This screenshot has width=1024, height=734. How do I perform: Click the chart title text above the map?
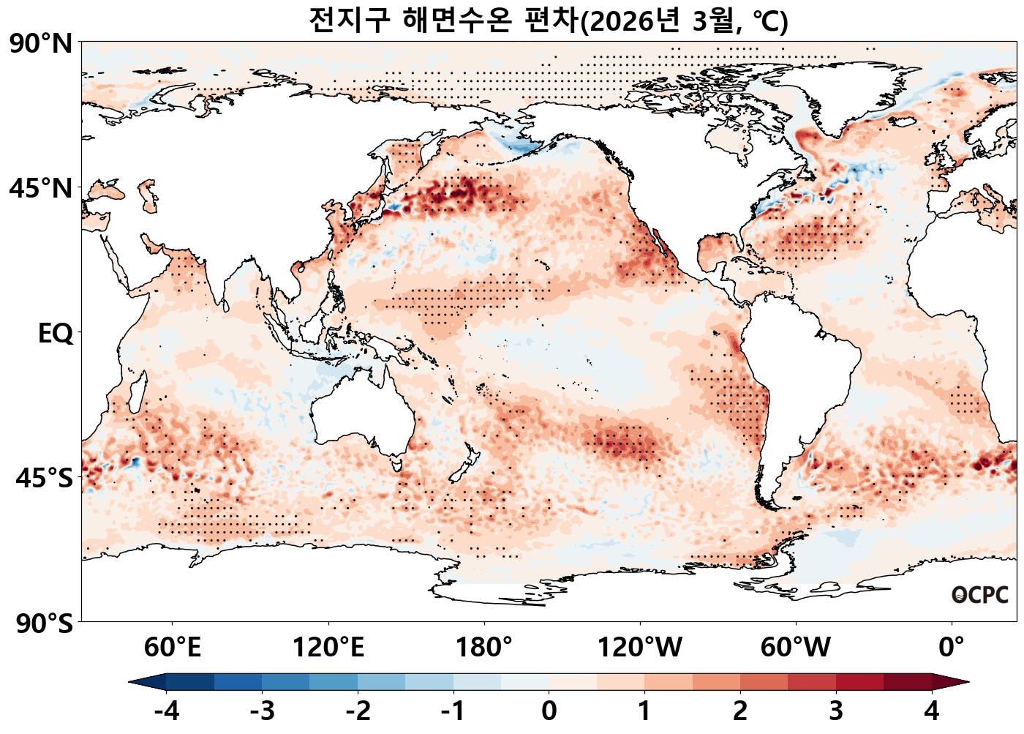coord(549,20)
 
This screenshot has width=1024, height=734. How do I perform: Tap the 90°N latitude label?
coord(42,44)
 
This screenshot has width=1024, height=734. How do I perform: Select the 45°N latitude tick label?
coord(42,189)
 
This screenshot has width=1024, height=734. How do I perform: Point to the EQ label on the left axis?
coord(56,334)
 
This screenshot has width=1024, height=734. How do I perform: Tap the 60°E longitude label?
coord(172,648)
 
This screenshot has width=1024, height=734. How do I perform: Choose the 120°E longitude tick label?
coord(328,648)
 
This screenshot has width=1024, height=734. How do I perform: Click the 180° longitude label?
coord(484,648)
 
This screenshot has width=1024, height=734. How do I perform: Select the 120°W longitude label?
coord(640,648)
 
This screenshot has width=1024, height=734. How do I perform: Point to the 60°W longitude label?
coord(796,648)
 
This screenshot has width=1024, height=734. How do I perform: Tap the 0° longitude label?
coord(952,648)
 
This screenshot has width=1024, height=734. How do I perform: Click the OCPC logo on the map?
coord(980,595)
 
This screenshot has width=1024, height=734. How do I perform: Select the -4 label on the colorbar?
coord(167,711)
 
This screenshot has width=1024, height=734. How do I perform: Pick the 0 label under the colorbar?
coord(549,711)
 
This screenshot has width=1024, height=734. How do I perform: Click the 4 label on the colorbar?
coord(932,711)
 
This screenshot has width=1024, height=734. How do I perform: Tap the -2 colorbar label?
coord(358,711)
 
